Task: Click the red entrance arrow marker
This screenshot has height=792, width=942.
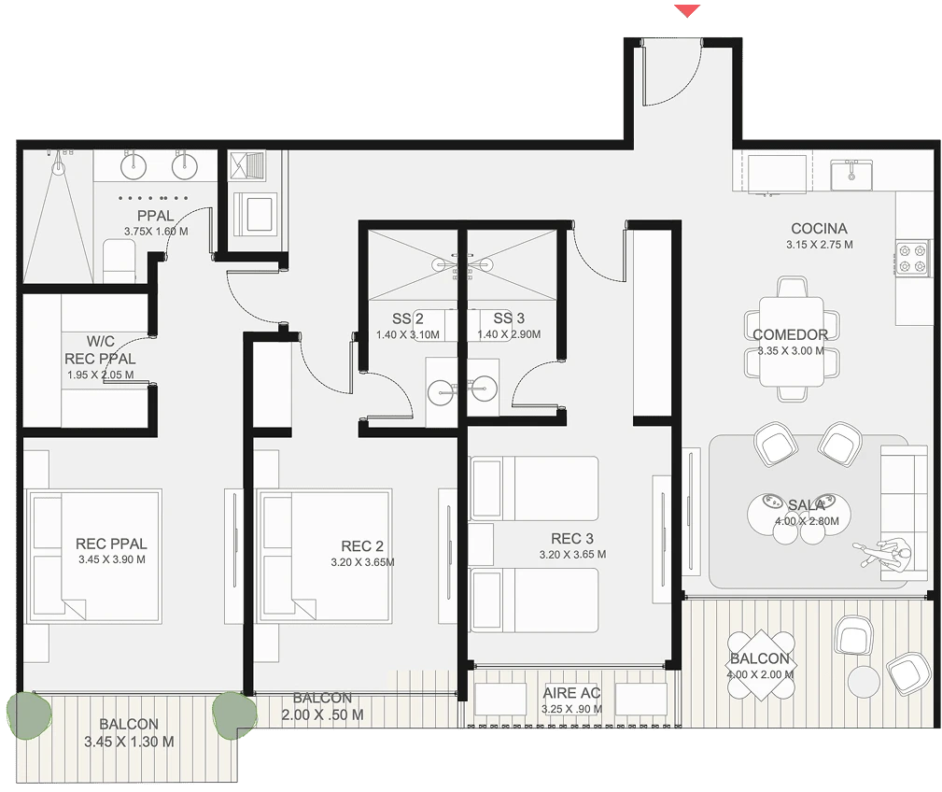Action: [687, 11]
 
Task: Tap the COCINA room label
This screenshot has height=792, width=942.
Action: [819, 228]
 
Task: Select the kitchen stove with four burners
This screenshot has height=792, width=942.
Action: [912, 258]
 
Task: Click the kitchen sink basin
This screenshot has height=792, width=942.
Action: [851, 175]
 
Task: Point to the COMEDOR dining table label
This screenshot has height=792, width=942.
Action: [790, 334]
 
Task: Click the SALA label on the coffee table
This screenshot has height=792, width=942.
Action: [807, 505]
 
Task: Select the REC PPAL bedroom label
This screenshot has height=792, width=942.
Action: [111, 544]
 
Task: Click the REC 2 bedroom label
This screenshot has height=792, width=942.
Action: [361, 546]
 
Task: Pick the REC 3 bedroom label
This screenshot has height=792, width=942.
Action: [572, 538]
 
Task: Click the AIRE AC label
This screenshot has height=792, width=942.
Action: [571, 693]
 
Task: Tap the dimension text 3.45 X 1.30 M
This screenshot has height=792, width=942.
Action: [129, 742]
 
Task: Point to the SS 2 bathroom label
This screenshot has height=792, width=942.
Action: [407, 318]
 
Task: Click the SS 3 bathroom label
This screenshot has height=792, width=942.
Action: [509, 318]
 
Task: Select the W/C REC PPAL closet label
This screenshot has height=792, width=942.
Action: [100, 349]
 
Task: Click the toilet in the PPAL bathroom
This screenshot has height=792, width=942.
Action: [120, 261]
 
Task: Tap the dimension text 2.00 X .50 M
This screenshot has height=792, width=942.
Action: [323, 715]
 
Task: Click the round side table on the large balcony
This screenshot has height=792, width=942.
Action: [864, 682]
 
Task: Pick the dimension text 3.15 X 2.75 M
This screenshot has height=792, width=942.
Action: [820, 245]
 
